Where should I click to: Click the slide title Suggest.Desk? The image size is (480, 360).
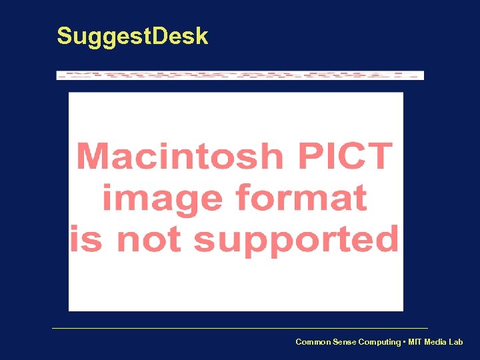[132, 36]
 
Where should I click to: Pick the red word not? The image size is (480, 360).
[148, 239]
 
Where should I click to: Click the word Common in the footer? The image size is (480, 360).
[312, 342]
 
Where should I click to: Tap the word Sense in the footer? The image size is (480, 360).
[343, 342]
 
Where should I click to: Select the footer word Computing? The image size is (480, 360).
[379, 342]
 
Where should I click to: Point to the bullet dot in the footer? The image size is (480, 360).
[404, 342]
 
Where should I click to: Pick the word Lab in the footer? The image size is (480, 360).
[456, 342]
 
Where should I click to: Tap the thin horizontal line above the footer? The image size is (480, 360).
[240, 328]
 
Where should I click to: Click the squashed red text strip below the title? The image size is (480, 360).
[240, 75]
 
